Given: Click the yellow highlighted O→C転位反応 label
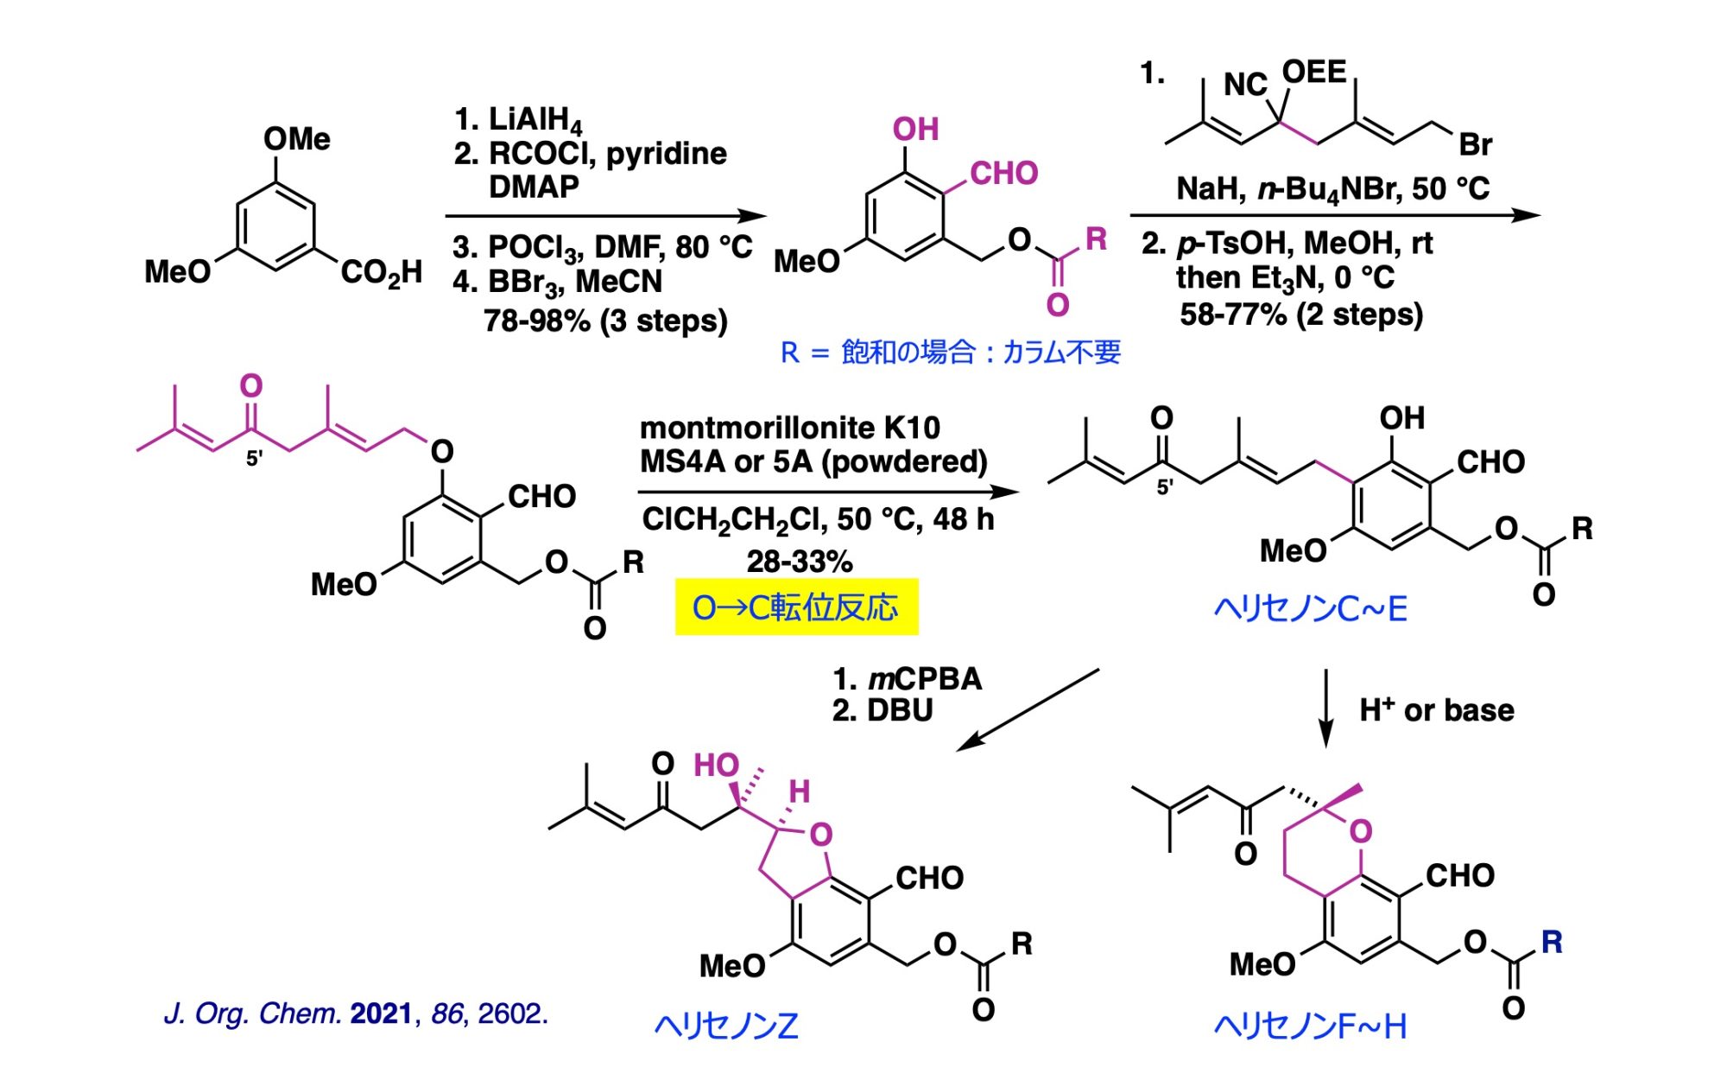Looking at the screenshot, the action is point(795,607).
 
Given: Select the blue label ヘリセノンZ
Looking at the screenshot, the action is point(726,1026).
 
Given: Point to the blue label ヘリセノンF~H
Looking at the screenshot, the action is point(1311,1026).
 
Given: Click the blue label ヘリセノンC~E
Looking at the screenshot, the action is point(1311,609).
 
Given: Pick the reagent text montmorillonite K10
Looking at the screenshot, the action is point(789,428).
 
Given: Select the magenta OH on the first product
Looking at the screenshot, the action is point(916,130).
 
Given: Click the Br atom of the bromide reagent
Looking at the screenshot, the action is point(1475,145).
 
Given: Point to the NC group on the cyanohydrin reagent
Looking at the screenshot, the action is point(1245,85).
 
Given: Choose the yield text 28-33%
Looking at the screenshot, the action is point(800,562).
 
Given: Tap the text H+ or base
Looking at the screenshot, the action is point(1437,709).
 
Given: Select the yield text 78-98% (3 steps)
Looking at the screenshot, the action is point(605,321).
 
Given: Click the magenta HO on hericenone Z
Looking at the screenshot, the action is point(717,766).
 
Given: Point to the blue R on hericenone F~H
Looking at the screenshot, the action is point(1552,942).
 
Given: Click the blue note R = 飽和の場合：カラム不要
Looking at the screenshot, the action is point(950,353).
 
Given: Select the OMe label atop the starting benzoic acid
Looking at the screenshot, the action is point(297,139).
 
